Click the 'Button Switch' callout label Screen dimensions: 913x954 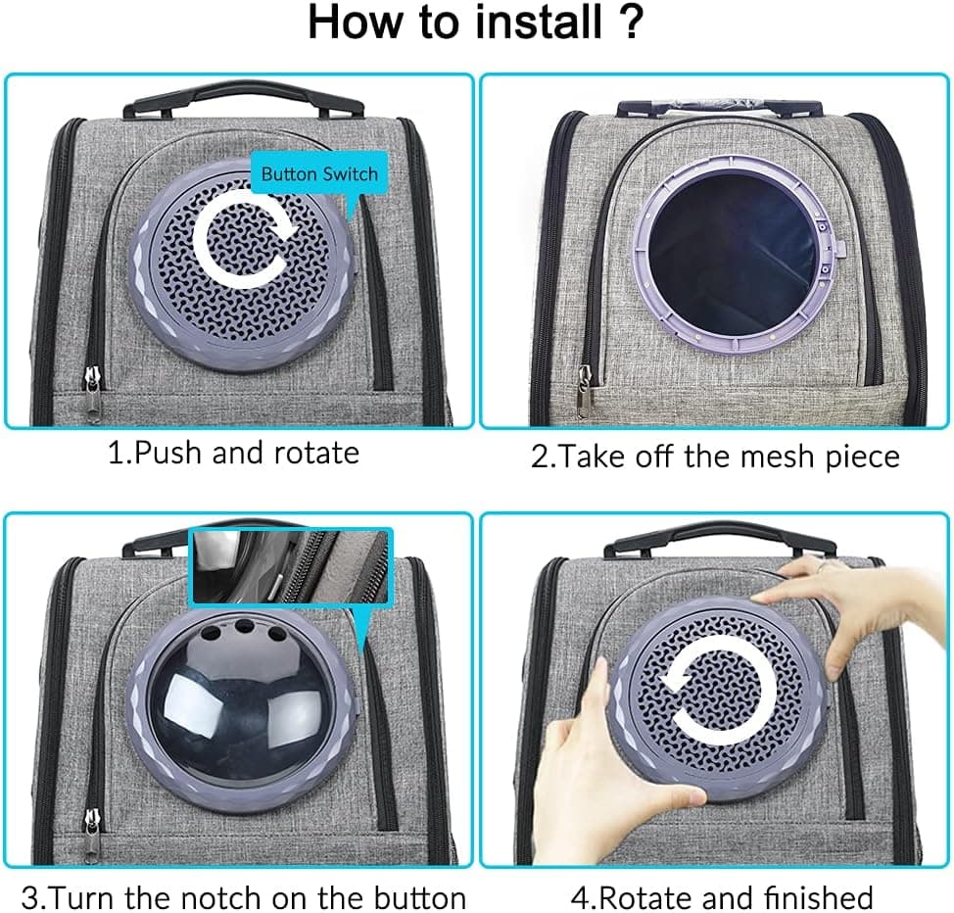[x=319, y=174]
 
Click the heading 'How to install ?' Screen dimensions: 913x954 [x=476, y=24]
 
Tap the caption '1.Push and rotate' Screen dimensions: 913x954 [x=232, y=453]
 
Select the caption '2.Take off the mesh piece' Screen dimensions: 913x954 [x=715, y=456]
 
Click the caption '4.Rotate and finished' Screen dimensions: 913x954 [x=722, y=897]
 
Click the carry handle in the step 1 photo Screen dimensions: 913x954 [x=244, y=98]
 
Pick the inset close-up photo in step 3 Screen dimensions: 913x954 [x=291, y=566]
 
